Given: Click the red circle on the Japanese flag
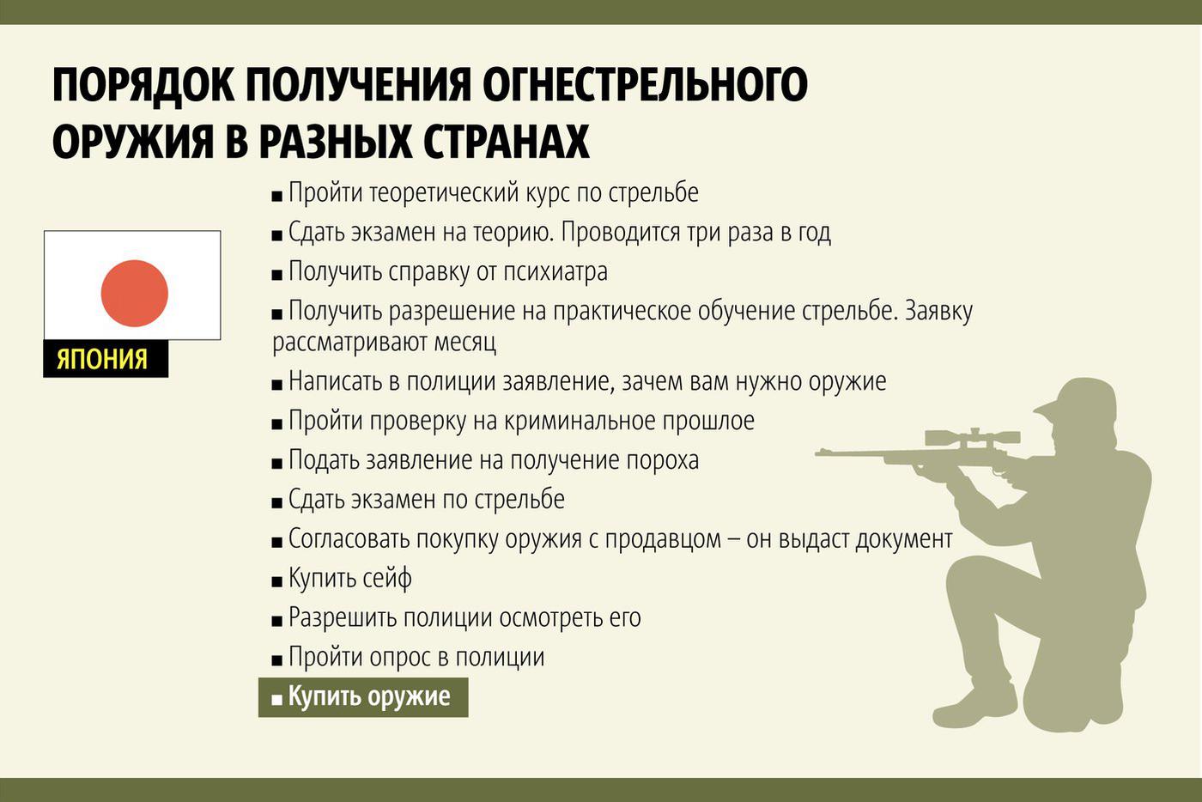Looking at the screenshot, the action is [x=134, y=293].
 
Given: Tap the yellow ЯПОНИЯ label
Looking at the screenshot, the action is [x=102, y=359].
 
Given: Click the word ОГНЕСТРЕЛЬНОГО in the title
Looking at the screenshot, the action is [x=645, y=85].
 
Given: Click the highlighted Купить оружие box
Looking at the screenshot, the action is [x=363, y=696].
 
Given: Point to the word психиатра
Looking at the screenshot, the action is [x=555, y=271].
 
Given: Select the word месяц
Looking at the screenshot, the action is [x=464, y=342].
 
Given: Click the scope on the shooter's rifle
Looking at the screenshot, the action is [x=972, y=438].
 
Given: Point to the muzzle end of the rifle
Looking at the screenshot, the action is [x=817, y=453].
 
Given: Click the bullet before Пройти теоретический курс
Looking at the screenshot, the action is [x=276, y=197].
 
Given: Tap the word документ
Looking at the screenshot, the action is [x=903, y=539].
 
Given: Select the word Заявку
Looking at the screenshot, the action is [x=938, y=312].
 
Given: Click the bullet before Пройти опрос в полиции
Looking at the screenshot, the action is [x=276, y=660].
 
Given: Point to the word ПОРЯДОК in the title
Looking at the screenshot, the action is [x=143, y=85].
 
